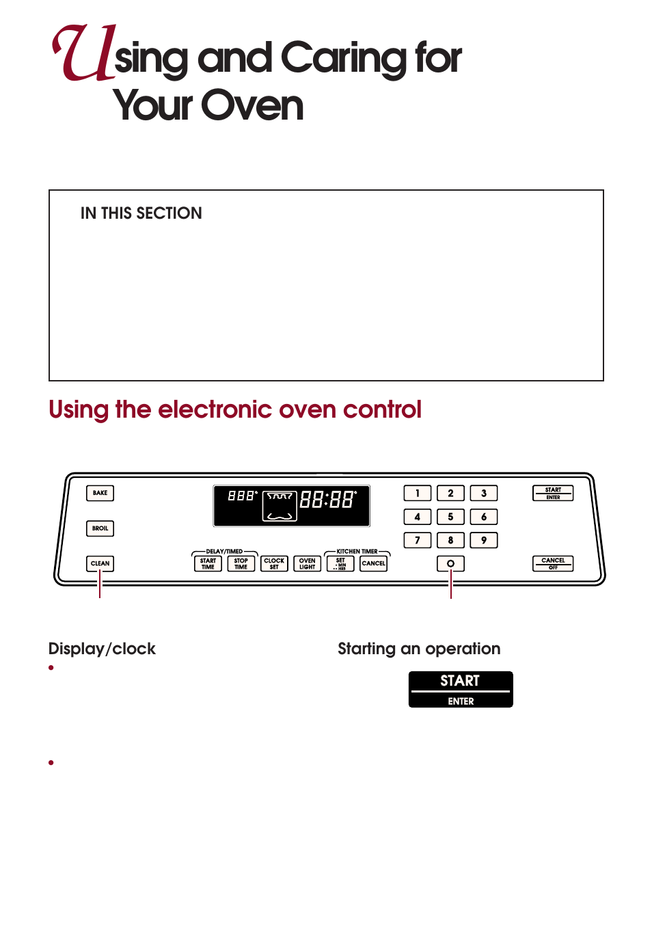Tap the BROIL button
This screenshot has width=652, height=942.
(100, 528)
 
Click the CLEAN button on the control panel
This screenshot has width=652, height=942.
(100, 563)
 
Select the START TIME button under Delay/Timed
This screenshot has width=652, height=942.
(208, 563)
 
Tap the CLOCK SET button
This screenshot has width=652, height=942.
(274, 563)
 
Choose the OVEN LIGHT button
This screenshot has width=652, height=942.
(308, 563)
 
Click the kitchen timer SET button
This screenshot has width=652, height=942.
(340, 563)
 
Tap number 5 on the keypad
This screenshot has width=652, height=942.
(450, 517)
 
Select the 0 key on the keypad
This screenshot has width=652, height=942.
(450, 563)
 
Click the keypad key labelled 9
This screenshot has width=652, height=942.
(484, 540)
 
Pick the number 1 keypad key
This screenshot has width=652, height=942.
(418, 493)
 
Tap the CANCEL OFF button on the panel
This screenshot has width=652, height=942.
(553, 563)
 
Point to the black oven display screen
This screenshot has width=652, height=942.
(292, 506)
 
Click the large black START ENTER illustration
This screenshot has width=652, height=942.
(461, 689)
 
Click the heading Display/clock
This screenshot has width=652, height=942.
(102, 649)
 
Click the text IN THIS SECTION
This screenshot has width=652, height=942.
(141, 213)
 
